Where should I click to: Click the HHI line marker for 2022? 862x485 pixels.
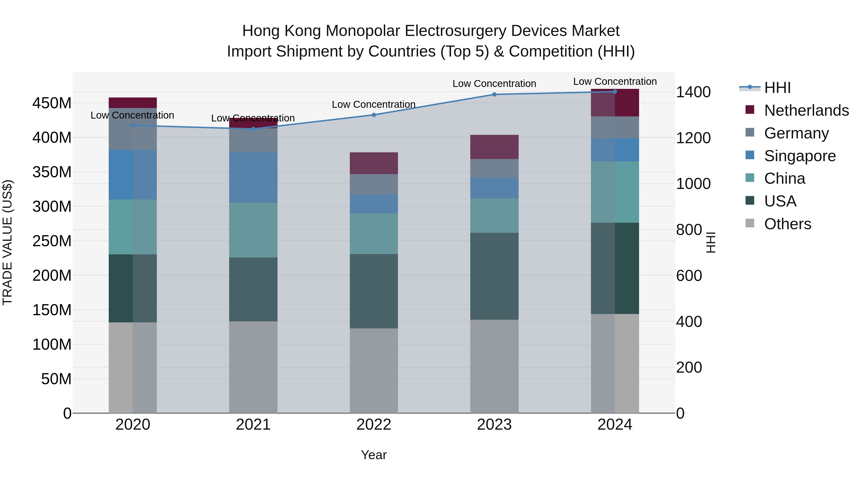(374, 115)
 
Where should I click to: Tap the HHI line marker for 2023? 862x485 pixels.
(494, 94)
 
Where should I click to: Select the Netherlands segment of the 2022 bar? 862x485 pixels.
(374, 163)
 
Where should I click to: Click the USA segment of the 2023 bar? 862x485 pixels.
(494, 276)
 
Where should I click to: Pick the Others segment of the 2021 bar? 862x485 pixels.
(253, 367)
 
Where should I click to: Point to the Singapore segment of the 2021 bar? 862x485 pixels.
(253, 177)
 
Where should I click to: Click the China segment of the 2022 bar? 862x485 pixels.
(374, 234)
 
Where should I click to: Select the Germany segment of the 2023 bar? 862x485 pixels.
(494, 168)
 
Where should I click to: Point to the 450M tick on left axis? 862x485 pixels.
(52, 103)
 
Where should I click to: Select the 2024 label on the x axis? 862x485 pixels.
(615, 425)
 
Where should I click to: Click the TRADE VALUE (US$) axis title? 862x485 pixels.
(7, 242)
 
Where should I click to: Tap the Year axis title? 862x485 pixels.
(374, 455)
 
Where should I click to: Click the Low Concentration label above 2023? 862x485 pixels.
(494, 84)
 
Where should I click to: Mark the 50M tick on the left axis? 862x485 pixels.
(56, 379)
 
